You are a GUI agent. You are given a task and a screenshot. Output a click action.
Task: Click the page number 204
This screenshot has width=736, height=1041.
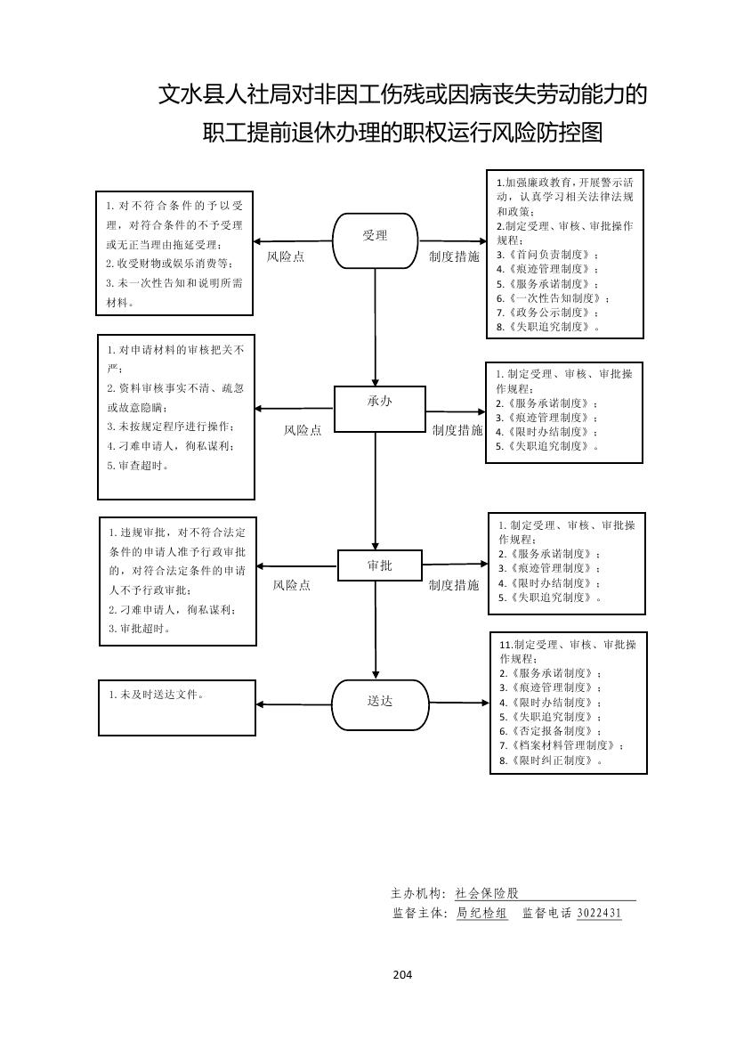402,974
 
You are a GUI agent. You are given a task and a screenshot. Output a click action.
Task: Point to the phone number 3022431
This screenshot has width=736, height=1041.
599,913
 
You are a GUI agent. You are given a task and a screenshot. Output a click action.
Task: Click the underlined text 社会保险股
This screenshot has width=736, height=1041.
486,893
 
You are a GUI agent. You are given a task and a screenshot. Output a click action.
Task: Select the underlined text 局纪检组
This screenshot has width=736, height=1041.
481,913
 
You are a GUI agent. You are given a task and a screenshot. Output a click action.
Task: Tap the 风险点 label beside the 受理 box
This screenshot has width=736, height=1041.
286,256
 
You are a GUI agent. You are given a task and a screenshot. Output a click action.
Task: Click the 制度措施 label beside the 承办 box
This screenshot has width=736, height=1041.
457,430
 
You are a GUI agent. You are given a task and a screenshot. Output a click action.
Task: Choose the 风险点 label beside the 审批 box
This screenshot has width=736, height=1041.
291,586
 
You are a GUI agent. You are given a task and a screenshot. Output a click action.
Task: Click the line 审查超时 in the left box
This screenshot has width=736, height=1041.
137,466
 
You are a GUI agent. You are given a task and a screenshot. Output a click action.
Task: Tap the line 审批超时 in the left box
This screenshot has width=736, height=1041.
140,629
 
